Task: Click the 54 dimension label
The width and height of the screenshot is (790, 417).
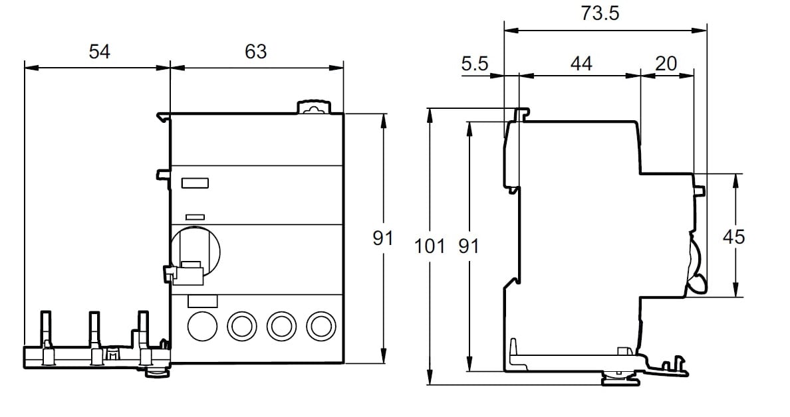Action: click(99, 52)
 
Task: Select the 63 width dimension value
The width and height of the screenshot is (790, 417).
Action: click(255, 52)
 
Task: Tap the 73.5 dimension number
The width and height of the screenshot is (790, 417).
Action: click(600, 13)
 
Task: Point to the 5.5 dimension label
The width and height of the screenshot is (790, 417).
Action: click(475, 64)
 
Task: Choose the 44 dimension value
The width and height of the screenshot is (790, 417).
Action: click(581, 64)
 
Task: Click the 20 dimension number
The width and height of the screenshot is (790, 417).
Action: click(666, 64)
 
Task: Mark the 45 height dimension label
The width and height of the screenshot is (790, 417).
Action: click(734, 236)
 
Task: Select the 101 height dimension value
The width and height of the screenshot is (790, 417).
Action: click(429, 246)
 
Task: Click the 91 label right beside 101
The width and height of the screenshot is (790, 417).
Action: click(469, 246)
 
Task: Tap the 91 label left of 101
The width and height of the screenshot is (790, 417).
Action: click(383, 238)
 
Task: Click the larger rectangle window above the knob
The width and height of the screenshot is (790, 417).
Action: click(196, 183)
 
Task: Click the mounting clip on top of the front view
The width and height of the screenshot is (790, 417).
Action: click(313, 107)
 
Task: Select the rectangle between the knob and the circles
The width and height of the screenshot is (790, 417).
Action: click(203, 301)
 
